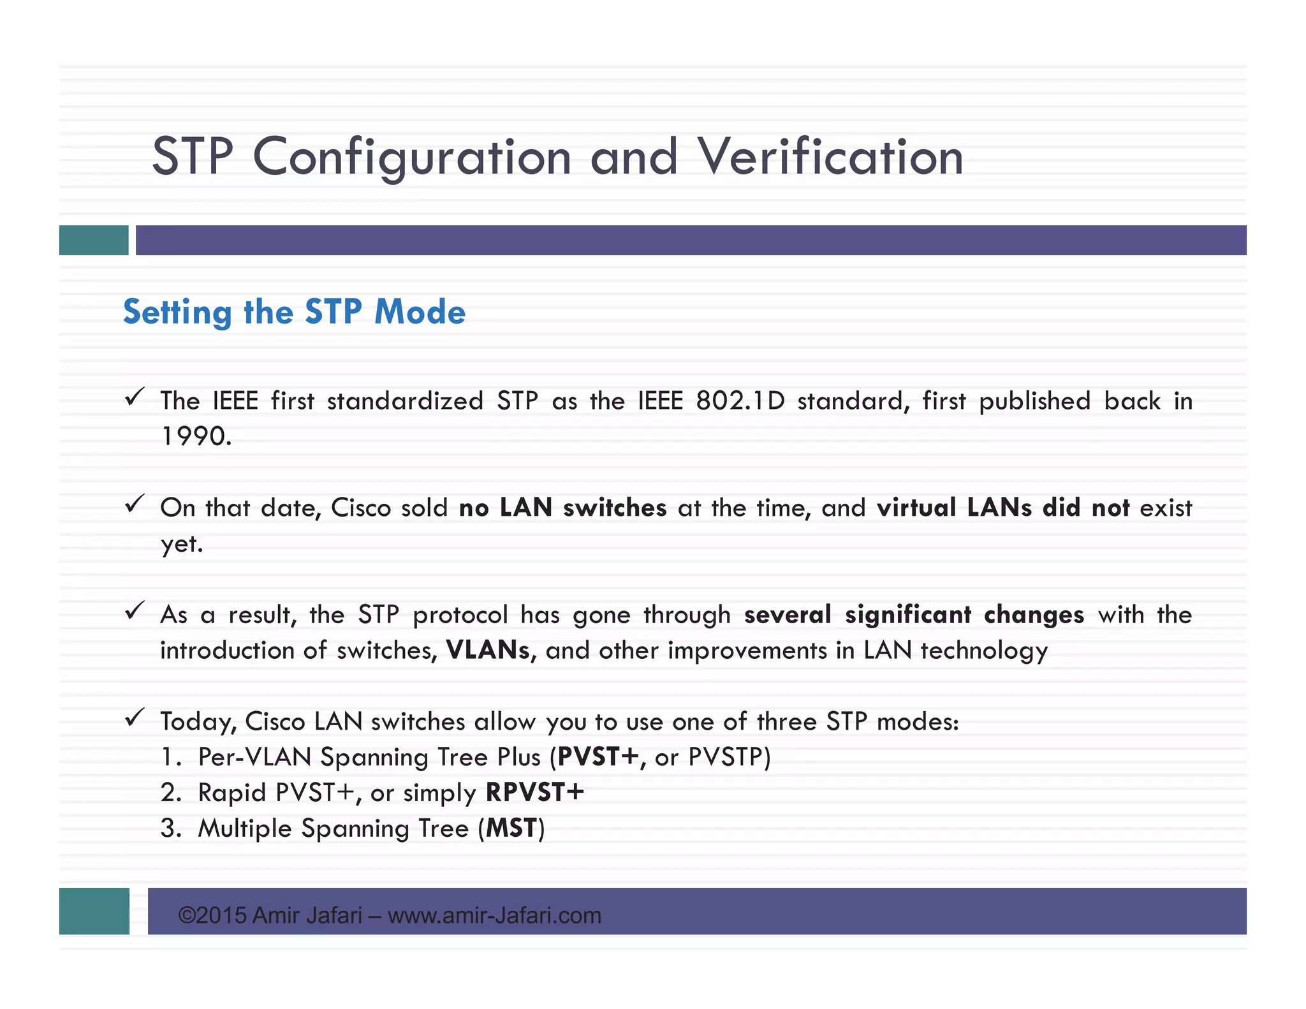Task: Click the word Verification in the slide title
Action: [830, 157]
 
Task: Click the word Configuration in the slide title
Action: [412, 158]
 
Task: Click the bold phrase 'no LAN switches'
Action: [562, 508]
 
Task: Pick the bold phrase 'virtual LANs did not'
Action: [1003, 508]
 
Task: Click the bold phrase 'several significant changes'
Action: [914, 615]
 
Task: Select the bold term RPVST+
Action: [534, 793]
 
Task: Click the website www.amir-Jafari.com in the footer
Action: [494, 916]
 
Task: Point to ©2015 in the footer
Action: [212, 916]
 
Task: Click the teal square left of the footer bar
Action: [94, 911]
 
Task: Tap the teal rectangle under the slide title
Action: [94, 240]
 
